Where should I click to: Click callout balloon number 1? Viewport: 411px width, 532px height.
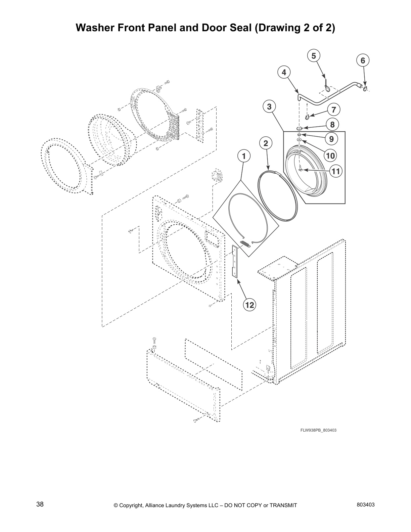[244, 156]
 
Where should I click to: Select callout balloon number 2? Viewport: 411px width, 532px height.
[266, 143]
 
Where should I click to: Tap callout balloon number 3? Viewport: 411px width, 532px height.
[269, 107]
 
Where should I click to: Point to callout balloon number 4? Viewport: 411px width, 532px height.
[284, 72]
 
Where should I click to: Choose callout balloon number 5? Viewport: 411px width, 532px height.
[314, 56]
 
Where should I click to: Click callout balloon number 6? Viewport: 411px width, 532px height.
[363, 60]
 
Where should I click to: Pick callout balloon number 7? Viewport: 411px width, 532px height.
[333, 109]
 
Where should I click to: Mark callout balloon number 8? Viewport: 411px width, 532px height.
[332, 125]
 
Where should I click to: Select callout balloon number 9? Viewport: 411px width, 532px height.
[331, 138]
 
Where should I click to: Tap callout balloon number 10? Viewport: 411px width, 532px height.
[330, 156]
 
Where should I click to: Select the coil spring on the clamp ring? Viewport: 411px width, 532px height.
[245, 244]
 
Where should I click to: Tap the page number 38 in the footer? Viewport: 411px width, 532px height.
[40, 504]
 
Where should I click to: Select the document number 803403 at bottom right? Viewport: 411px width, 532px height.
[366, 504]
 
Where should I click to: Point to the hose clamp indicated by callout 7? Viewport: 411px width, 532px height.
[307, 117]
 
